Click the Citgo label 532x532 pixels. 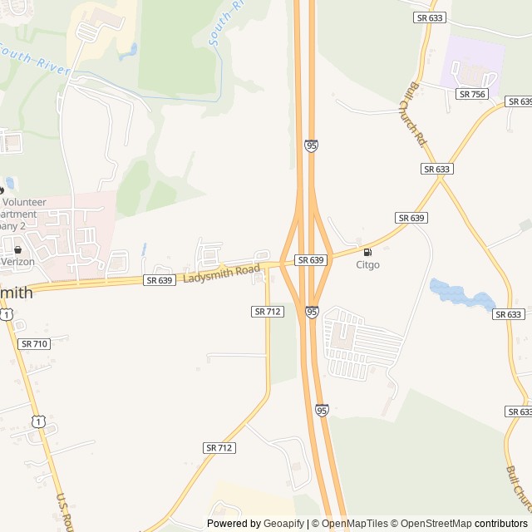coord(367,265)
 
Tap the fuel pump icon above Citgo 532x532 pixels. coord(367,252)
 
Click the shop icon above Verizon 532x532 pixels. coord(17,249)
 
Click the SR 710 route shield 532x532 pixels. coord(34,343)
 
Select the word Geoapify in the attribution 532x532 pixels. coord(283,524)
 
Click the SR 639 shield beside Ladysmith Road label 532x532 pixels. coord(159,280)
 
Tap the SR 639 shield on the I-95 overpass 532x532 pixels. coord(310,260)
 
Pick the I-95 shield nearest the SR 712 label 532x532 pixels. coord(311,312)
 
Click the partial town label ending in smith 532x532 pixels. coord(16,293)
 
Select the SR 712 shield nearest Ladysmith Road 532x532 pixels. coord(268,311)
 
